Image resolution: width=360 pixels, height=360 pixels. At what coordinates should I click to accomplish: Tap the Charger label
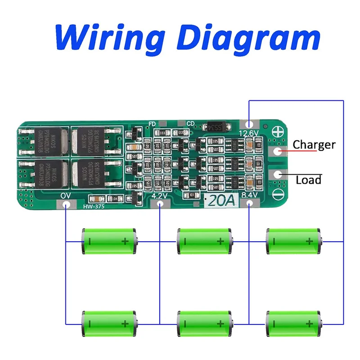[x=314, y=145]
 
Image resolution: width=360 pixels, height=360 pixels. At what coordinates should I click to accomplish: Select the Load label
[x=309, y=180]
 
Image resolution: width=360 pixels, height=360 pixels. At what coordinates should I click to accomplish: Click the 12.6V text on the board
[x=248, y=133]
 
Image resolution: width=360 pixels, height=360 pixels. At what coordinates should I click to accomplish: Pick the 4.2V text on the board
[x=160, y=196]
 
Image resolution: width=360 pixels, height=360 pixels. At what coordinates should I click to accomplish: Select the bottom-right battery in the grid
[x=294, y=323]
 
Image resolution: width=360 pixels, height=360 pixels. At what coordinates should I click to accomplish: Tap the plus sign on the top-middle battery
[x=220, y=242]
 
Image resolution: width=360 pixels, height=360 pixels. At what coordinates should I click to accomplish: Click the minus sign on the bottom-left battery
[x=90, y=324]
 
